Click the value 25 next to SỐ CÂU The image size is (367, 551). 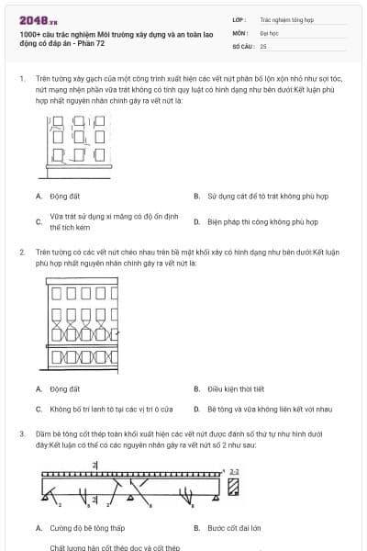[x=263, y=45]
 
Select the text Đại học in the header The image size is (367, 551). [x=269, y=32]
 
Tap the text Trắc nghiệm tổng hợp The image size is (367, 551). [x=285, y=18]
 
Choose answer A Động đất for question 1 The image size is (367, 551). [x=64, y=196]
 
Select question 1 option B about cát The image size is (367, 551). [x=266, y=196]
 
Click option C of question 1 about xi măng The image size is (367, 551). [x=100, y=221]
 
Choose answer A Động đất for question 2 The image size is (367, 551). [x=64, y=388]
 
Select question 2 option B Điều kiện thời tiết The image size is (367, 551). [x=235, y=388]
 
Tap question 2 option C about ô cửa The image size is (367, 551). [x=110, y=409]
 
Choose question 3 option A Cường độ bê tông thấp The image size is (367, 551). [x=87, y=528]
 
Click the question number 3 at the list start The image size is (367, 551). [x=21, y=433]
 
